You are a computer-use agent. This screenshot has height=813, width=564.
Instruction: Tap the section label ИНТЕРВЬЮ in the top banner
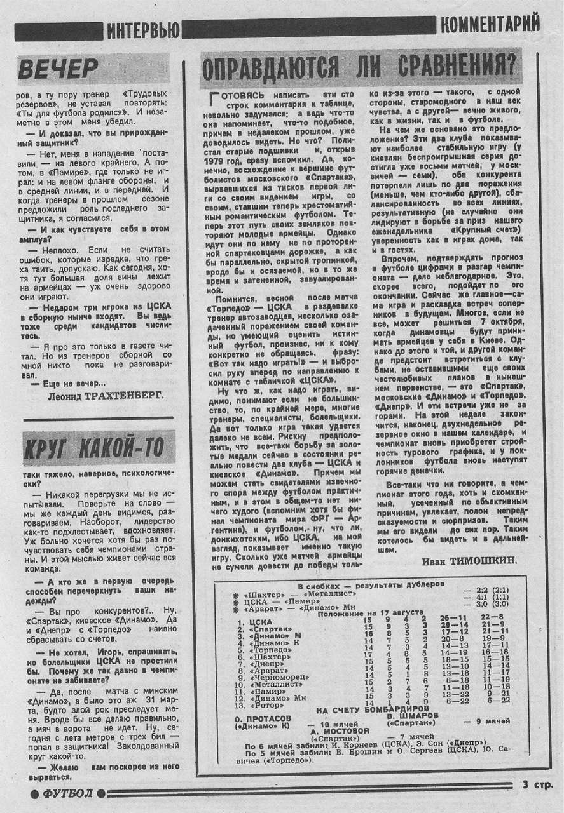coord(142,29)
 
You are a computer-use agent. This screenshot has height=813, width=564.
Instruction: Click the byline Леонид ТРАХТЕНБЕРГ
coord(105,395)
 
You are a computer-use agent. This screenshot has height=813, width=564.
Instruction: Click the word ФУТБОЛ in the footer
coord(67,793)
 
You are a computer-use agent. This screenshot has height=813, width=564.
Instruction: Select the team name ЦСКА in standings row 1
coord(261,621)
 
